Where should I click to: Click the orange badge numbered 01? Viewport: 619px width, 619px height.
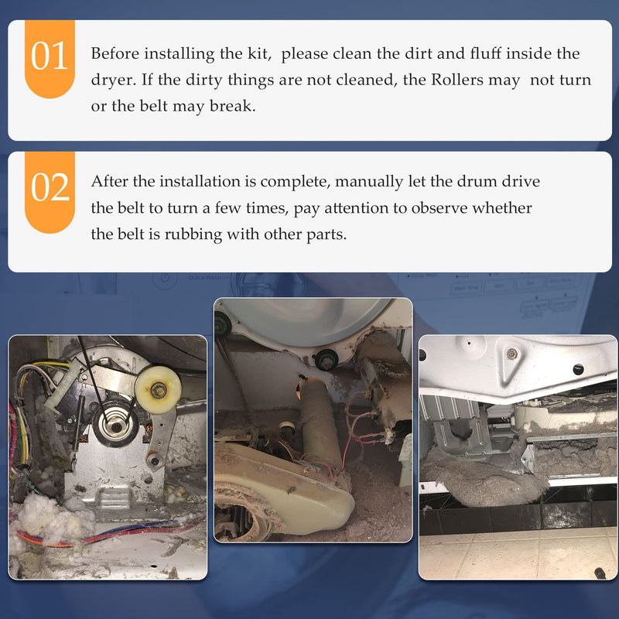[x=50, y=59]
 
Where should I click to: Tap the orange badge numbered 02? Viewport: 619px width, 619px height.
[x=50, y=191]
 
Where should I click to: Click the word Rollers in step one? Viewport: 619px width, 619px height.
[x=457, y=80]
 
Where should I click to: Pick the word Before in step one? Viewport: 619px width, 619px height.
[x=115, y=53]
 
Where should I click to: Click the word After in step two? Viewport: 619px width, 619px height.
[x=109, y=181]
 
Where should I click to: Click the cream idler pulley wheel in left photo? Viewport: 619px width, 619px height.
[x=158, y=390]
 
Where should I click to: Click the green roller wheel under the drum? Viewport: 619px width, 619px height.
[x=327, y=359]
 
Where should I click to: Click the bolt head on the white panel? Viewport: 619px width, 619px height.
[x=512, y=354]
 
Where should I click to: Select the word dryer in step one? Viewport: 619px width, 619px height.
[x=113, y=80]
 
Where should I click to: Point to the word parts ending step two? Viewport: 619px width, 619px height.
[x=327, y=235]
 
